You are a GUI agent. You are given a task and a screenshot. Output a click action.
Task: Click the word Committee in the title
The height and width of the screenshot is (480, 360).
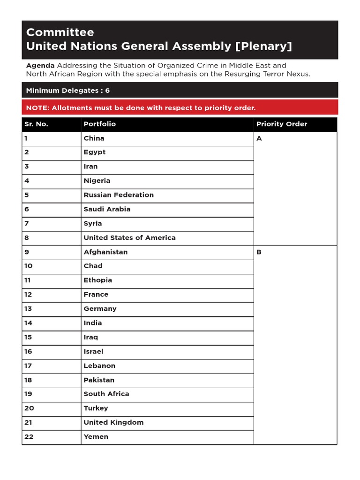(60, 32)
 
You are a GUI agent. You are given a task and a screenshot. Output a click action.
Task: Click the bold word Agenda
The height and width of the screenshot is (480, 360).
(40, 65)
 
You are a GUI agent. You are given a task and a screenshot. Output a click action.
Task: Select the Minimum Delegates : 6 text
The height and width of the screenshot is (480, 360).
(68, 90)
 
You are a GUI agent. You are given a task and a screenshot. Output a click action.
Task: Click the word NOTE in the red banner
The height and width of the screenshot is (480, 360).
(37, 108)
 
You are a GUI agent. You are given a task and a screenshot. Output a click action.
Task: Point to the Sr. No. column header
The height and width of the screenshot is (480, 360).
(36, 124)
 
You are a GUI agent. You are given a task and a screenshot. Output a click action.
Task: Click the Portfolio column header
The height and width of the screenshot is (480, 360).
(99, 124)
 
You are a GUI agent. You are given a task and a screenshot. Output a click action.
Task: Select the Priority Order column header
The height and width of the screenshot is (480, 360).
(281, 124)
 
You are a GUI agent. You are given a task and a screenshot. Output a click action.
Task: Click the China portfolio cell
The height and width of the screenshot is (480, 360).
(94, 138)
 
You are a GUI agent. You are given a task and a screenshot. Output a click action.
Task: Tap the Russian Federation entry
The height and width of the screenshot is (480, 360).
(119, 195)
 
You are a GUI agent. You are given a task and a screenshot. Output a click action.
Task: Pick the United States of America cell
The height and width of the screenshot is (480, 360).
(129, 238)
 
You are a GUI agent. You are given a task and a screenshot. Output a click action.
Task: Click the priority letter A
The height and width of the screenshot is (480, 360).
(259, 139)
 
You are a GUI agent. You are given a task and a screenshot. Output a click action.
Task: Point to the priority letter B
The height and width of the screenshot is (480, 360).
(259, 252)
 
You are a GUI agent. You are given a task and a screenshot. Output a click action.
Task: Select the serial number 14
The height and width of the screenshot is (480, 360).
(29, 323)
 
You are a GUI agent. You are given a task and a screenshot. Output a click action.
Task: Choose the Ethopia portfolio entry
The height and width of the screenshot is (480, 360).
(97, 280)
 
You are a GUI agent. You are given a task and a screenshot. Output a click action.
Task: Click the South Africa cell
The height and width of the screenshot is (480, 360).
(106, 394)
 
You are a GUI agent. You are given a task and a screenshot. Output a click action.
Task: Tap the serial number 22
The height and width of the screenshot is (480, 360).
(29, 437)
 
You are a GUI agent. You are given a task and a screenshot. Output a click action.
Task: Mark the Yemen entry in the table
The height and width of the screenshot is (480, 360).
(96, 437)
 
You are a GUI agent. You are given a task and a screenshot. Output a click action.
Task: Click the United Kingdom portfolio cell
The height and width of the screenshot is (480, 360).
(113, 422)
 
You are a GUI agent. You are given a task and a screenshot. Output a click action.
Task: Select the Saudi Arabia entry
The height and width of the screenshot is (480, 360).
(107, 209)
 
